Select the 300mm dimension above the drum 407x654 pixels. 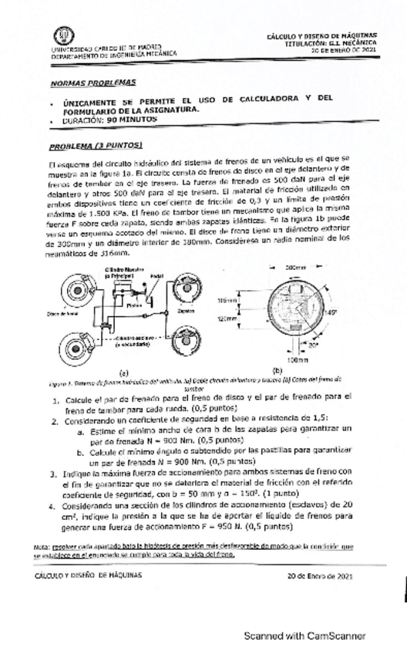coord(295,266)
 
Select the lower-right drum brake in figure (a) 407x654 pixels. coord(186,342)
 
